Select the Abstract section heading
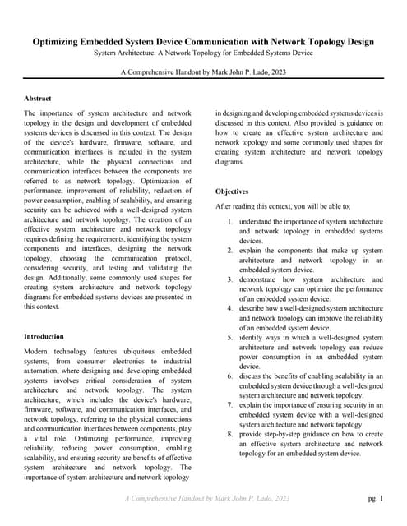pos(39,98)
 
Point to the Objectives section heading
pos(232,191)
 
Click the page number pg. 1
pos(375,498)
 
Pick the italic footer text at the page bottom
pos(207,498)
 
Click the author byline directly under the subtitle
pos(203,72)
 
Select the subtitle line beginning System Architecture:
pos(203,53)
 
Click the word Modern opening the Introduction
pos(38,350)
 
